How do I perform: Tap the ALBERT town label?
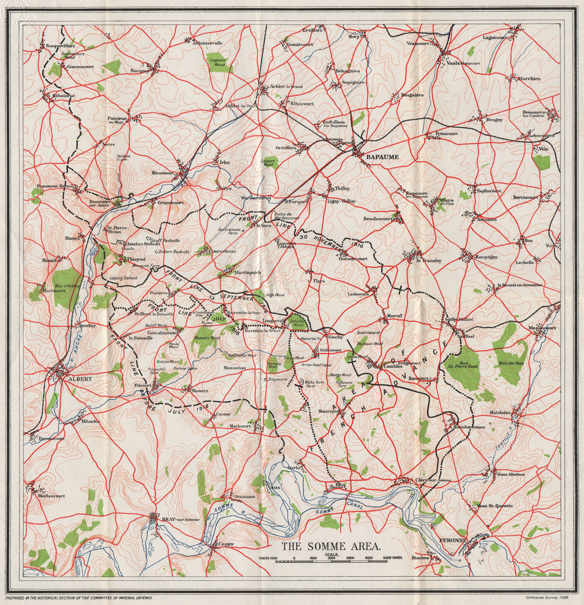coord(80,378)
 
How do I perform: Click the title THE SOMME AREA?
coord(331,547)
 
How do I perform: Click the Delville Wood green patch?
coord(297,321)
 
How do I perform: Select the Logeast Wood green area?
coord(217,61)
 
